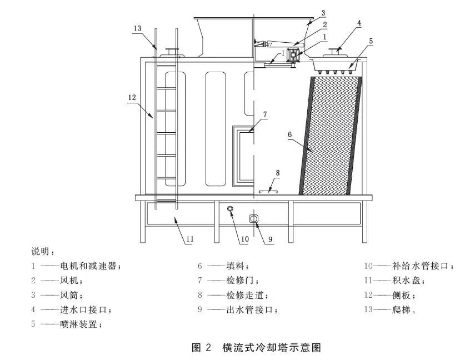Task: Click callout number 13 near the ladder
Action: [137, 28]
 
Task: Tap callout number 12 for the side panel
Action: [132, 97]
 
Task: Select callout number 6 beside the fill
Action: [290, 134]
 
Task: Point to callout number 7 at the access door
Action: [265, 114]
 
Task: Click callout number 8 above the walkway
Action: [278, 173]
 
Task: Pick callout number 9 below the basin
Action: [270, 239]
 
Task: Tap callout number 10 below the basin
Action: [245, 239]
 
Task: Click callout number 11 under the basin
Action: [190, 239]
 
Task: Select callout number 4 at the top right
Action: [359, 23]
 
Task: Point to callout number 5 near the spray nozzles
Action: [371, 41]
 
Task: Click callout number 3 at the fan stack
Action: [323, 13]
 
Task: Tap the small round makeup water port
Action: [230, 209]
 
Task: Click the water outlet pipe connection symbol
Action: [253, 219]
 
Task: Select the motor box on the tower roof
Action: [293, 55]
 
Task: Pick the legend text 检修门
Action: [241, 280]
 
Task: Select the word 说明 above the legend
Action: [40, 251]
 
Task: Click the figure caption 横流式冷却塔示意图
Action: [272, 347]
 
